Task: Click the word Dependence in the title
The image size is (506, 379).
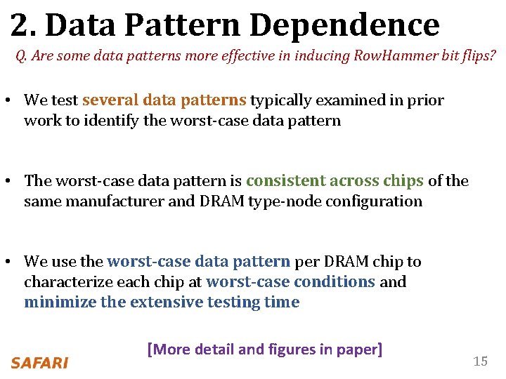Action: tap(344, 25)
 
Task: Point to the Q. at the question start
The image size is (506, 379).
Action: tap(21, 55)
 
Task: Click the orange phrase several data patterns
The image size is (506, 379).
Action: tap(164, 100)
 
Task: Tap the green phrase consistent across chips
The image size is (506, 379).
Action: tap(335, 180)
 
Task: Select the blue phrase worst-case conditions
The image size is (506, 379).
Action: tap(290, 281)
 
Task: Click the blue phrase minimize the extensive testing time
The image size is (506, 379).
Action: tap(162, 302)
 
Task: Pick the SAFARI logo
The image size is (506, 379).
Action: tap(39, 363)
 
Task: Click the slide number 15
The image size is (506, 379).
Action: tap(480, 361)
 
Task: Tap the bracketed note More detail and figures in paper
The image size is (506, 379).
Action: tap(264, 349)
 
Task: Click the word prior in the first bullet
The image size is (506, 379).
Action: tap(429, 100)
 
